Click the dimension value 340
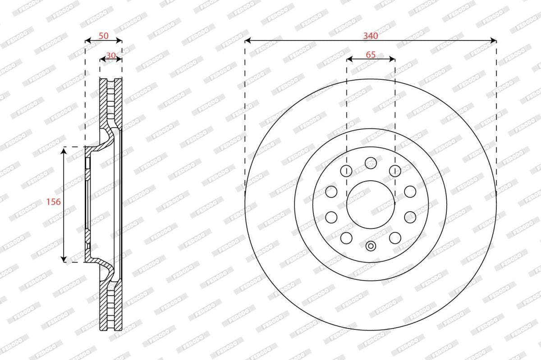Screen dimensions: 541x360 click(x=371, y=36)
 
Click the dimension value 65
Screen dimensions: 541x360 click(x=371, y=55)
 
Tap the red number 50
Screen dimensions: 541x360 click(x=104, y=36)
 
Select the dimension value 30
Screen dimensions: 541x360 click(x=111, y=55)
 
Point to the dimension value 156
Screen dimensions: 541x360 click(x=53, y=201)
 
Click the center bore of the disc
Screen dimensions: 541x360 click(x=371, y=205)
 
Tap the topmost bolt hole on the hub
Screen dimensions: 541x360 click(x=371, y=163)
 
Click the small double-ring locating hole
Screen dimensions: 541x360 click(x=371, y=246)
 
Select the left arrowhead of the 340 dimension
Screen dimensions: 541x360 click(x=248, y=40)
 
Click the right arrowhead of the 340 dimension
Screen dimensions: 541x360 click(x=493, y=40)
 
